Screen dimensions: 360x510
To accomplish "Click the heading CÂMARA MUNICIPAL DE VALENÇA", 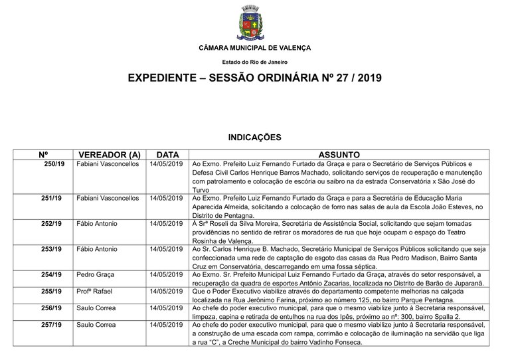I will click(x=254, y=48).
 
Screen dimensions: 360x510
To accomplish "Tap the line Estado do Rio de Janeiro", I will click(x=254, y=62).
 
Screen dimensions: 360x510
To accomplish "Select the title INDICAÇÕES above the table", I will click(x=254, y=137).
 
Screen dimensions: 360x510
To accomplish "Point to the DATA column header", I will click(x=167, y=154).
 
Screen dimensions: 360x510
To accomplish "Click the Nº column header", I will click(x=44, y=154).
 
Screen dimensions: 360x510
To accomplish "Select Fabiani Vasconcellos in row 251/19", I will click(x=108, y=198).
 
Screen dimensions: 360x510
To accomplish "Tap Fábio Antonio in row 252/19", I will click(x=98, y=224).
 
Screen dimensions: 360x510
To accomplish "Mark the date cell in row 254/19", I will click(x=167, y=274).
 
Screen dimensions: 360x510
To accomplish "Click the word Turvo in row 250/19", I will click(x=201, y=189).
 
